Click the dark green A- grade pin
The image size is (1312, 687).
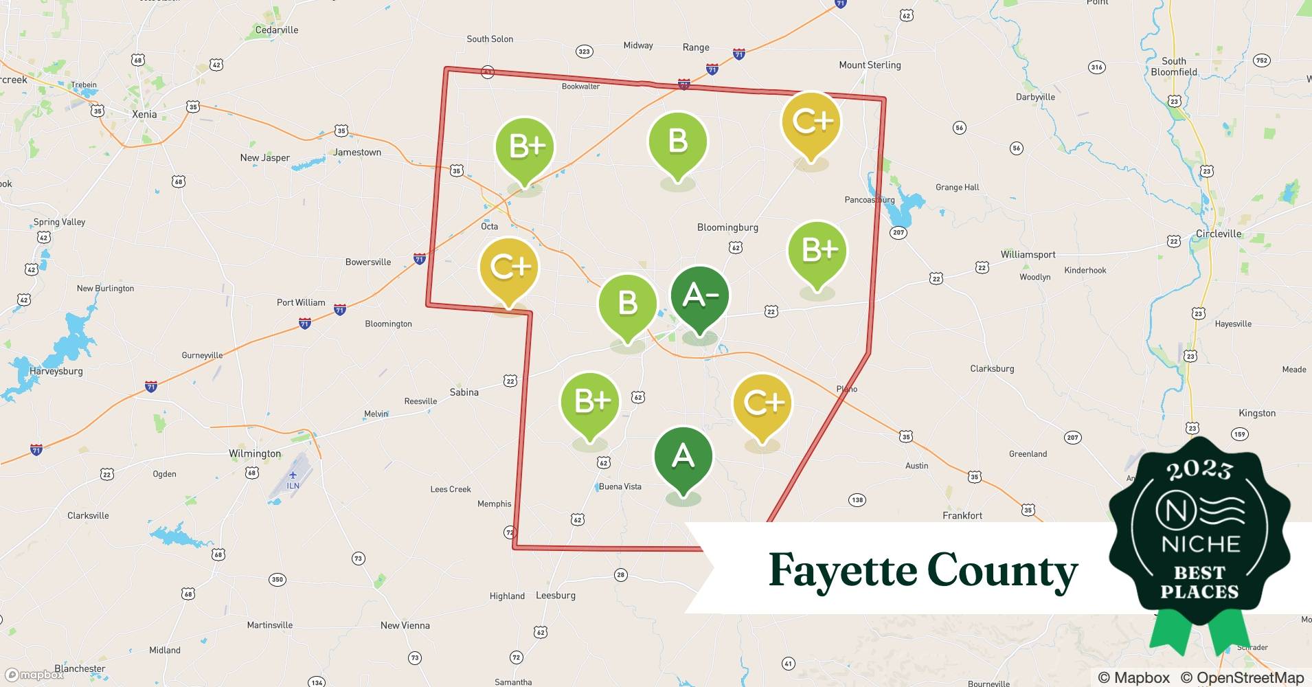(x=699, y=297)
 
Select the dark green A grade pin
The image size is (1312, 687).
(x=683, y=458)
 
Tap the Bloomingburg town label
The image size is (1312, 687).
(x=727, y=227)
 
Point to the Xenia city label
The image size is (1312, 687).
(x=144, y=114)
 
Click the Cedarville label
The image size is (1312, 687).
(x=277, y=30)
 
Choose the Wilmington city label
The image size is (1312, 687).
(x=255, y=453)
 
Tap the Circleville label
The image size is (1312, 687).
(x=1219, y=234)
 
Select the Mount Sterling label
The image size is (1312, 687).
(x=870, y=65)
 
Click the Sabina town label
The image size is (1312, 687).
(x=464, y=392)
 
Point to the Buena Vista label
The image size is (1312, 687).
(x=620, y=486)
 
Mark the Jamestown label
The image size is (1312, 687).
(x=357, y=153)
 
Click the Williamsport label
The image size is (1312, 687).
(x=1028, y=254)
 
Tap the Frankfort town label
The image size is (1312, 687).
(x=962, y=515)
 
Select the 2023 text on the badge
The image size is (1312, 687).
(x=1199, y=470)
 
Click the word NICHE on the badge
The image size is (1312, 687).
(x=1200, y=544)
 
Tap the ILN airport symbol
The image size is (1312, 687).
(x=293, y=475)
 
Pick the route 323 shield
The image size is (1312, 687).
(x=584, y=52)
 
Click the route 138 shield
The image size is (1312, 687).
(x=857, y=500)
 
